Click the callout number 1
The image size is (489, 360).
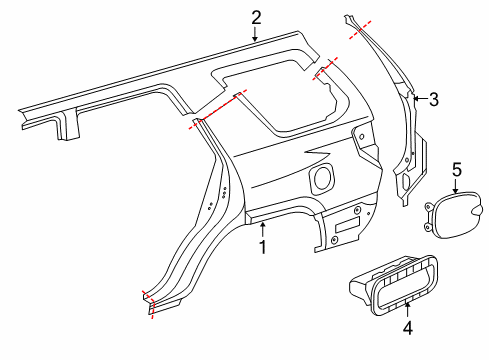[262, 246]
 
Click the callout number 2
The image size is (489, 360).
[256, 16]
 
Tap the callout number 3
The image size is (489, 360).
[433, 99]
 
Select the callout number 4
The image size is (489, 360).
[408, 326]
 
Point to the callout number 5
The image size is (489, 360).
[456, 170]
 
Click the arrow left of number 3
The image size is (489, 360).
[417, 98]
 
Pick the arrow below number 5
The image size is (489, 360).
[456, 189]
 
